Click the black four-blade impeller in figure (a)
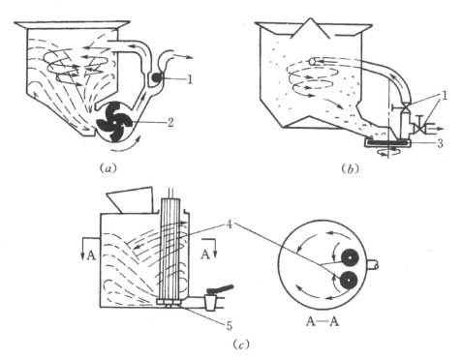coord(114,122)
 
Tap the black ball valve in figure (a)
coord(157,77)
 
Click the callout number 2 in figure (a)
coord(170,123)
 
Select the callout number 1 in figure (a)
coord(190,79)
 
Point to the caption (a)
coord(108,168)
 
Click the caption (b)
coord(350,168)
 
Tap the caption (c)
coord(241,345)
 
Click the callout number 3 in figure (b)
coord(440,143)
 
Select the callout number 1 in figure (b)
coord(445,96)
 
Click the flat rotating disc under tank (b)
coord(387,142)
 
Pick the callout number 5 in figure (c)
coord(229,325)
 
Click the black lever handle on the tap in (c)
coord(221,289)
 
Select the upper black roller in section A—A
coord(351,258)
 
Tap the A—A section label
coord(323,321)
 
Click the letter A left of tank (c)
coord(91,255)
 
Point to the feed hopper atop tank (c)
coord(131,199)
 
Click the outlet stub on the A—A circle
coord(372,265)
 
